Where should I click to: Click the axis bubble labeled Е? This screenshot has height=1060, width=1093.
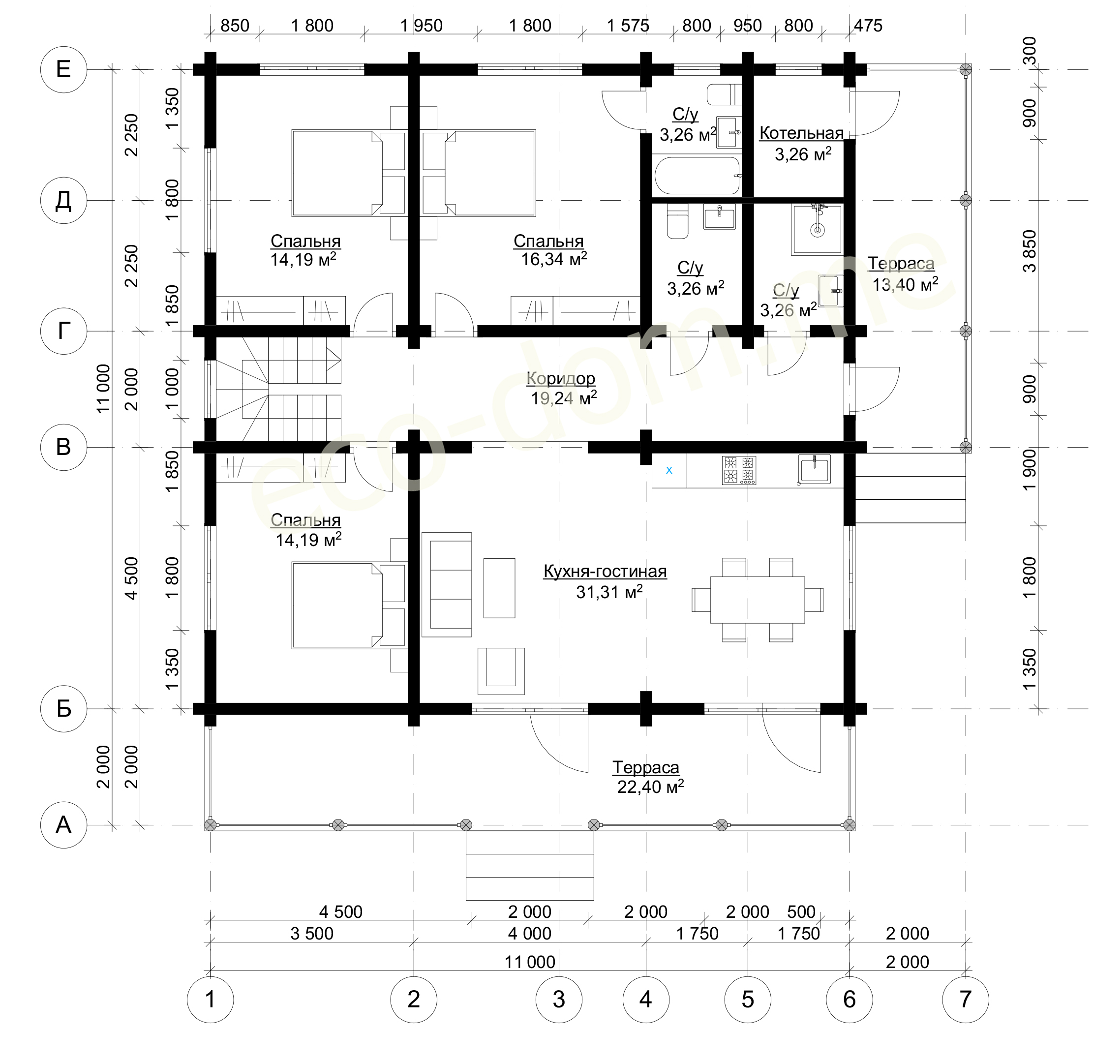click(x=63, y=70)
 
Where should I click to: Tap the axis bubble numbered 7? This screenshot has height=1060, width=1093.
click(x=965, y=1000)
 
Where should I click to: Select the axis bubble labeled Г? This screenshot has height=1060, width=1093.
click(x=63, y=331)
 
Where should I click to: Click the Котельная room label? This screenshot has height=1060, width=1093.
click(x=801, y=133)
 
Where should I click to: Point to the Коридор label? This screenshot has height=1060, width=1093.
click(x=561, y=379)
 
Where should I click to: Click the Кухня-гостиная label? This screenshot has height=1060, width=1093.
click(x=605, y=572)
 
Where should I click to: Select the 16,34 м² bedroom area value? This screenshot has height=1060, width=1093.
click(x=554, y=259)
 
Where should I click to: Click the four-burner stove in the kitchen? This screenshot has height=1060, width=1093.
click(x=739, y=470)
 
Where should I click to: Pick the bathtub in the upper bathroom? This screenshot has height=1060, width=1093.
click(x=697, y=176)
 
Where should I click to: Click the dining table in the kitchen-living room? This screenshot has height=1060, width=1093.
click(x=758, y=600)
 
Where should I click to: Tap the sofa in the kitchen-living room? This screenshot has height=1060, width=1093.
click(x=447, y=584)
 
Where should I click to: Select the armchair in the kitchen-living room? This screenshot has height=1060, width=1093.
click(x=501, y=671)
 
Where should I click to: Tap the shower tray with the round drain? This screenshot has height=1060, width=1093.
click(x=818, y=229)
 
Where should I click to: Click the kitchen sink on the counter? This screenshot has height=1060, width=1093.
click(x=814, y=469)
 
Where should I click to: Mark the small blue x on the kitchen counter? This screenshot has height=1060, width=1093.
click(x=669, y=470)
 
